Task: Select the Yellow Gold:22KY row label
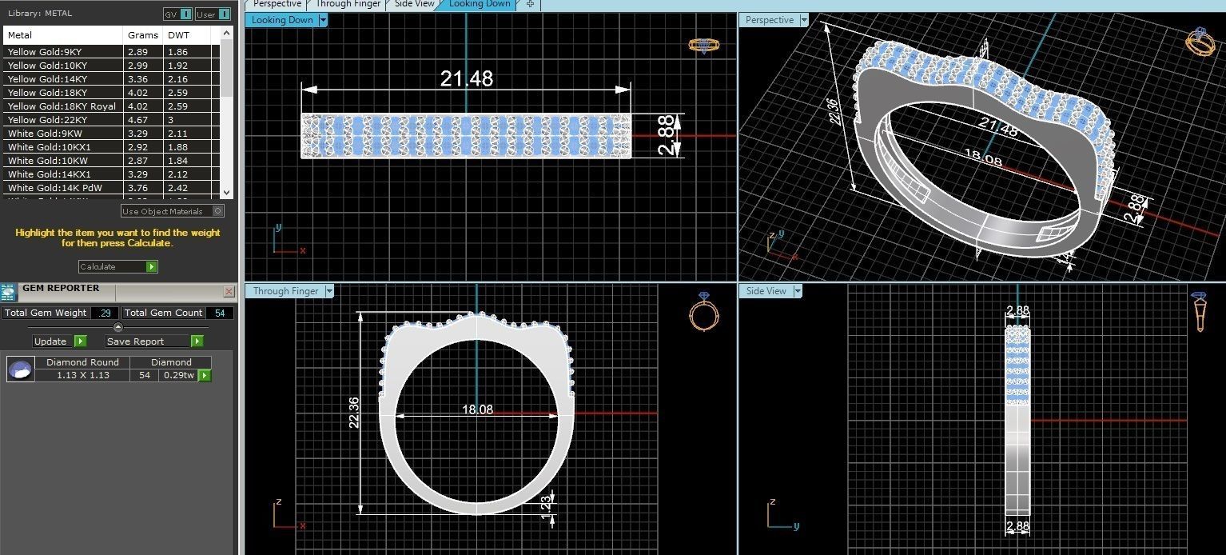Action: (48, 120)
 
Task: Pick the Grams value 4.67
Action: (137, 120)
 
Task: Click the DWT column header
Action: (178, 35)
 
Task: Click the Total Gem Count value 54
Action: (219, 313)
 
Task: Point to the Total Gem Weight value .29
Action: (105, 313)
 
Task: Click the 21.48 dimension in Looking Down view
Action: (466, 78)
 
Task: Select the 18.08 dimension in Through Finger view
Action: (477, 409)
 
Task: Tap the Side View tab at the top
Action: (415, 4)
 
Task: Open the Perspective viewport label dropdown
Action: (804, 20)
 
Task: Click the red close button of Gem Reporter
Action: (229, 292)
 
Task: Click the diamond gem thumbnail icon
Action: (21, 369)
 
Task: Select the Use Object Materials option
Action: (172, 211)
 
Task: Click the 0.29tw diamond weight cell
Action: (178, 375)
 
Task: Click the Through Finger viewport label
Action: (283, 291)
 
